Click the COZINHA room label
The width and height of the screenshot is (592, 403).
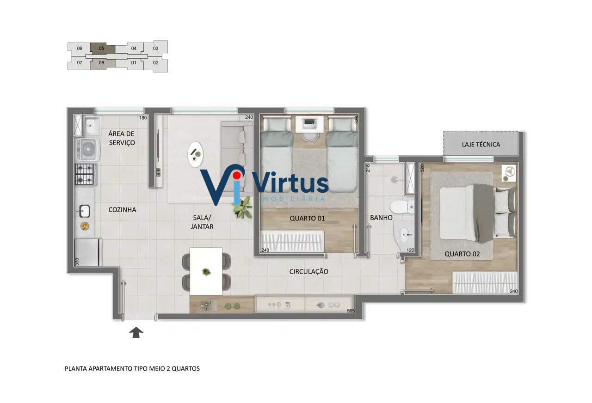[x=122, y=210]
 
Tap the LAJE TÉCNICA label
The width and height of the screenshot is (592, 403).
[x=481, y=145]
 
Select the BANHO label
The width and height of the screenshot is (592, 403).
[x=381, y=218]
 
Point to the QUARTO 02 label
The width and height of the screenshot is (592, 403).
[x=462, y=254]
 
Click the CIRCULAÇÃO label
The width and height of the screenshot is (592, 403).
[x=308, y=271]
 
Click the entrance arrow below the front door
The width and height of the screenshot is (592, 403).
[x=136, y=332]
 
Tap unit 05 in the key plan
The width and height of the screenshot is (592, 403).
[x=102, y=49]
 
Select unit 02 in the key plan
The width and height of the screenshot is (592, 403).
[x=156, y=63]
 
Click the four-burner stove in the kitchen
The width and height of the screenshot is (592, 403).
[x=85, y=174]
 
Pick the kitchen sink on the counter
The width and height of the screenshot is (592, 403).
[x=84, y=211]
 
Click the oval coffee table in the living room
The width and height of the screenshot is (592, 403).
[x=195, y=154]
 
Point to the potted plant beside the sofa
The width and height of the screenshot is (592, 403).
[x=242, y=208]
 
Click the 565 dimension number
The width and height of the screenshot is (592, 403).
[x=351, y=311]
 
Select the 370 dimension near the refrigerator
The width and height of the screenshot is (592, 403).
[x=77, y=262]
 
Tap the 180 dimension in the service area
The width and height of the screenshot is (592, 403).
[x=143, y=118]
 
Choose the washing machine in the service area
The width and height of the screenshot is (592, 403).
[x=88, y=150]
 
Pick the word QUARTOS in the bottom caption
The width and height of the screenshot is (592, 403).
[x=186, y=368]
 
